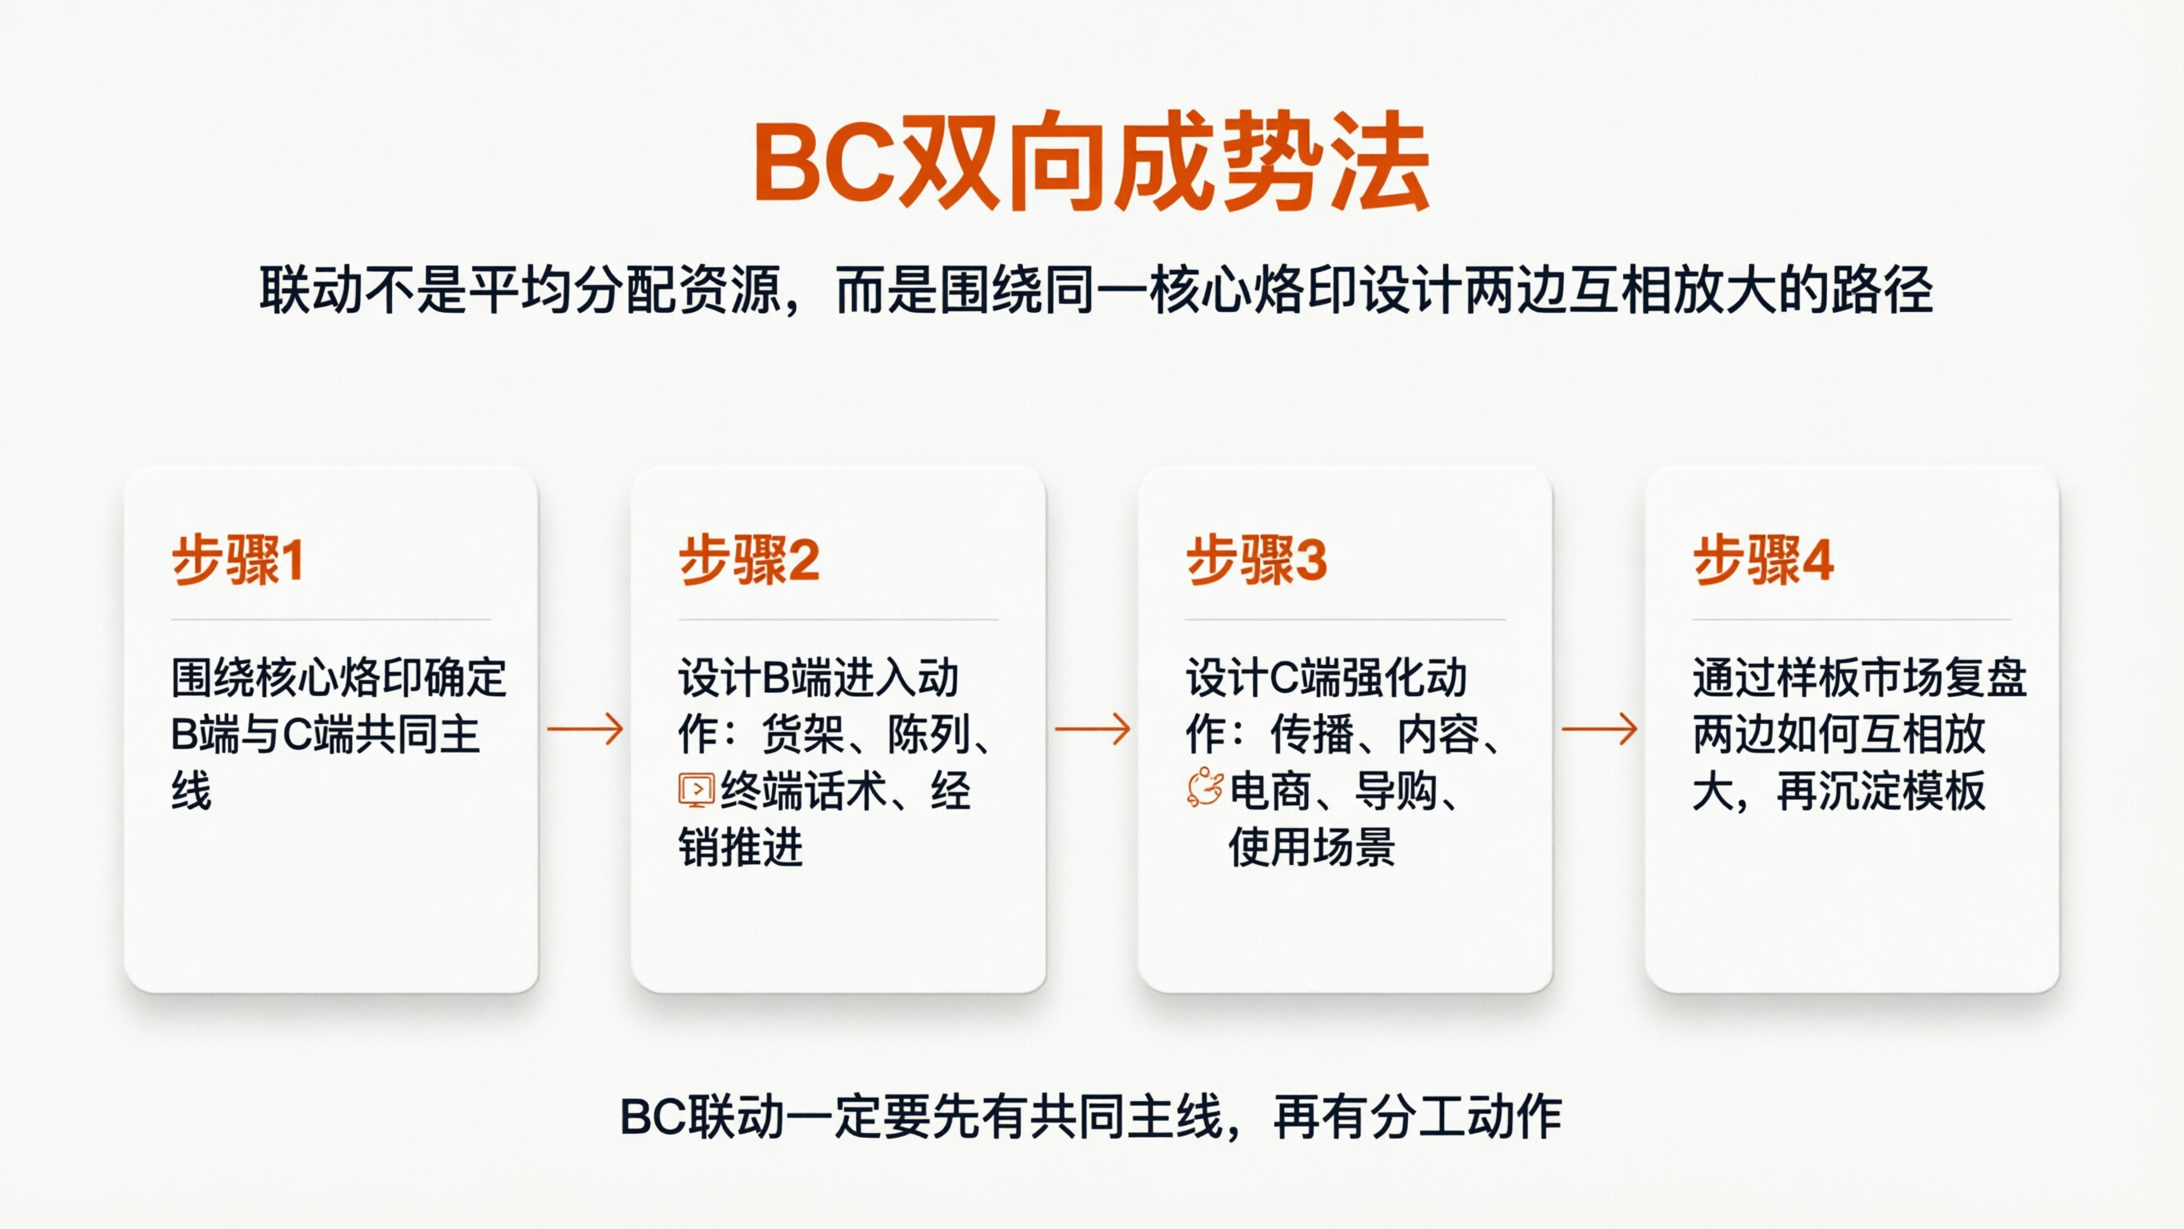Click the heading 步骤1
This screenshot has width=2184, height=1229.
click(x=238, y=560)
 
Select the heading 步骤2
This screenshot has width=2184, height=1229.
click(x=749, y=560)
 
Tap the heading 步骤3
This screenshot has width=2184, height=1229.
click(x=1257, y=560)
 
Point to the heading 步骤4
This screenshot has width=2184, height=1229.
click(x=1763, y=560)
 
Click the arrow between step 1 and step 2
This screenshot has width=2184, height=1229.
click(x=585, y=730)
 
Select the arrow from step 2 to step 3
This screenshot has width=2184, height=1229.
click(x=1092, y=730)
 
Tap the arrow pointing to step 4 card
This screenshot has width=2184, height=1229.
click(x=1599, y=730)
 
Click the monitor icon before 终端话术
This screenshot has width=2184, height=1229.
click(x=696, y=791)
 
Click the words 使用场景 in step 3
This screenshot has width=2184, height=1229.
click(x=1311, y=847)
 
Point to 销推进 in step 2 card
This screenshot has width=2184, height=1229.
click(x=740, y=847)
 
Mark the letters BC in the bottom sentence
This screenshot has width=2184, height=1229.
click(x=653, y=1116)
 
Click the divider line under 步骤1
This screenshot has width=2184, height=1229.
click(x=330, y=620)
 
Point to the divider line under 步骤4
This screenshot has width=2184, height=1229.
click(x=1852, y=620)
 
